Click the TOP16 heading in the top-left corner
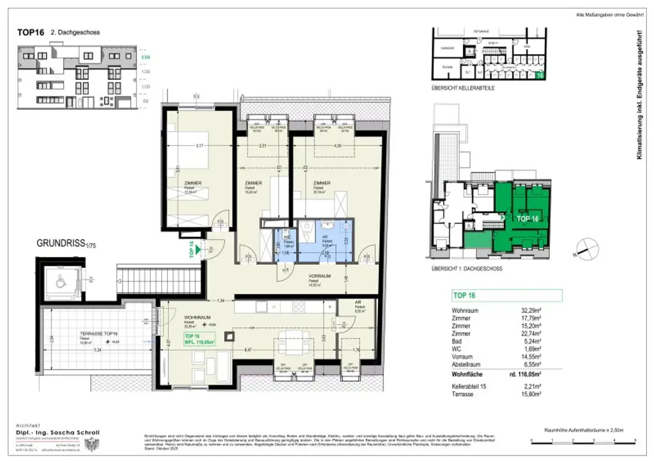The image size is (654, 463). [30, 32]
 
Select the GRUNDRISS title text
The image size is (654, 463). [61, 243]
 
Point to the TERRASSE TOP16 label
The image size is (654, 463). [98, 334]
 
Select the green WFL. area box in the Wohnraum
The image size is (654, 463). [199, 339]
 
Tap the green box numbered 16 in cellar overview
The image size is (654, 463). [540, 75]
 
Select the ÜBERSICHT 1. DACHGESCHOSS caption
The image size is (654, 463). [467, 269]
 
